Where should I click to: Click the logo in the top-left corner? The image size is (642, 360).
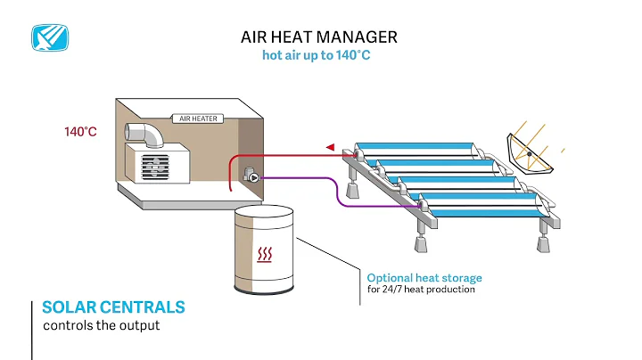pyautogui.click(x=51, y=37)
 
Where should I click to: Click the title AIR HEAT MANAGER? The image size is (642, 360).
pyautogui.click(x=319, y=37)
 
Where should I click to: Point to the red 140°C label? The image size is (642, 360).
pyautogui.click(x=80, y=132)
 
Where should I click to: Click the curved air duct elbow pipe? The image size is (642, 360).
pyautogui.click(x=147, y=135)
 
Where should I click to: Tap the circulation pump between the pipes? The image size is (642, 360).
pyautogui.click(x=253, y=176)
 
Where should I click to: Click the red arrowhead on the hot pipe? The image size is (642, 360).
pyautogui.click(x=330, y=146)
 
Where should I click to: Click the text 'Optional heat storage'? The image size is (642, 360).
pyautogui.click(x=424, y=278)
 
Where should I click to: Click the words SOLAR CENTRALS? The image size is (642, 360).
pyautogui.click(x=114, y=307)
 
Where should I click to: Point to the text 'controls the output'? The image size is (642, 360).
pyautogui.click(x=101, y=325)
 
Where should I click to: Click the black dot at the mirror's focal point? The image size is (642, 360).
pyautogui.click(x=528, y=155)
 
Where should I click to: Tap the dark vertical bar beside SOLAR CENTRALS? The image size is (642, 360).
pyautogui.click(x=32, y=328)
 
